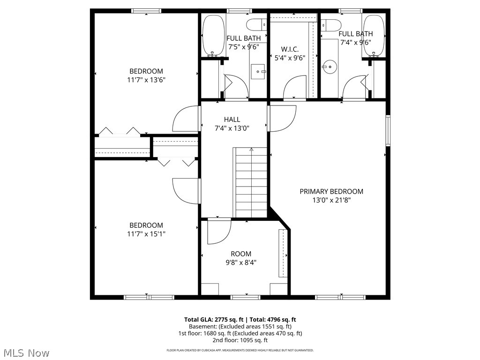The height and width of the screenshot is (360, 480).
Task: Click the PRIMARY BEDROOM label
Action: point(331,191)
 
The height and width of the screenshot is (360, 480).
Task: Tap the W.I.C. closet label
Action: point(290,49)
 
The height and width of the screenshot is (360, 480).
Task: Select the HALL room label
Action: point(232,120)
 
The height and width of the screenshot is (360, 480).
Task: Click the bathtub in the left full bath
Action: point(213,36)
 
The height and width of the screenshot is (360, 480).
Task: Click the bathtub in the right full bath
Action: point(374,36)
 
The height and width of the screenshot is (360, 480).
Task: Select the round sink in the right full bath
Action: point(330,67)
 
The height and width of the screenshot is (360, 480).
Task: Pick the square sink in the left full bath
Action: point(258,72)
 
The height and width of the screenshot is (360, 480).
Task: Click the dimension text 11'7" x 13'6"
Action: point(146,80)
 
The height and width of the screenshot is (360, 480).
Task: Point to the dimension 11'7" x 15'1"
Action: point(146,233)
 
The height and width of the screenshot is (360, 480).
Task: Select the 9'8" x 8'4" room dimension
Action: point(241,262)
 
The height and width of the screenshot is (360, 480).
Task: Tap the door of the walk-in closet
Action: point(295,88)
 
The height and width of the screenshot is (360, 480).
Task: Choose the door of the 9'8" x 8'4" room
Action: point(218,231)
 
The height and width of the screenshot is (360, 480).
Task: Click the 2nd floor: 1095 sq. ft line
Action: point(240,340)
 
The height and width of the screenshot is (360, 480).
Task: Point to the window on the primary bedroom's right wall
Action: point(388,130)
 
